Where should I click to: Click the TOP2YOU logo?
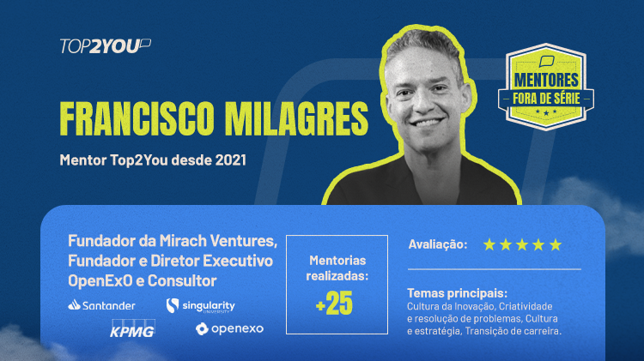pos(106,46)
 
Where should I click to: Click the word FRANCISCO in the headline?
pos(137,118)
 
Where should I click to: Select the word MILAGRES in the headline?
pos(296,118)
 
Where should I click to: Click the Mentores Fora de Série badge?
pos(546,87)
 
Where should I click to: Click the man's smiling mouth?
pos(427,123)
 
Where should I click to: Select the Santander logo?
pos(101,305)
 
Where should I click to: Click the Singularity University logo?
pos(200,305)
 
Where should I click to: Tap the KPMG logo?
pos(132,328)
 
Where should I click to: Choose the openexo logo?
pos(229,328)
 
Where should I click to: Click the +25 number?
pos(334,304)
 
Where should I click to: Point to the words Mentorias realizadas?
pos(337,268)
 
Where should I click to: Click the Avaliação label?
pos(438,244)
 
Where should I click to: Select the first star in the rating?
pos(489,244)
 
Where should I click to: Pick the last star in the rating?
pos(556,244)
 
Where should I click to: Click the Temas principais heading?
pos(457,293)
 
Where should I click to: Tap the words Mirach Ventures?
pos(218,241)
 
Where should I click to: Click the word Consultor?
pos(182,280)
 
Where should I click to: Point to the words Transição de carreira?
pos(513,331)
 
